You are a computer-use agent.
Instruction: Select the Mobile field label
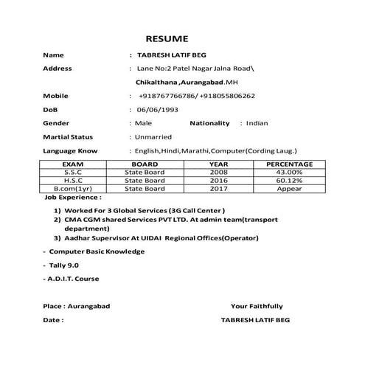(x=56, y=96)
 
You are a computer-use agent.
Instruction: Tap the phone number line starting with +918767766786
(x=196, y=96)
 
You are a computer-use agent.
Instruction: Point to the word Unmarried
(x=153, y=136)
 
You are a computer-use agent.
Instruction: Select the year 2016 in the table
(x=219, y=180)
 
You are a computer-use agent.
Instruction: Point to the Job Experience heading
(x=73, y=198)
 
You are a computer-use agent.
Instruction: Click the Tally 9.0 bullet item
(x=64, y=264)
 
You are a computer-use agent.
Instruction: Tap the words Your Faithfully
(x=256, y=306)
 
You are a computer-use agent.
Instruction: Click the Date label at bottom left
(x=54, y=321)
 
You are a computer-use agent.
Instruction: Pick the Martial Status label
(x=68, y=136)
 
